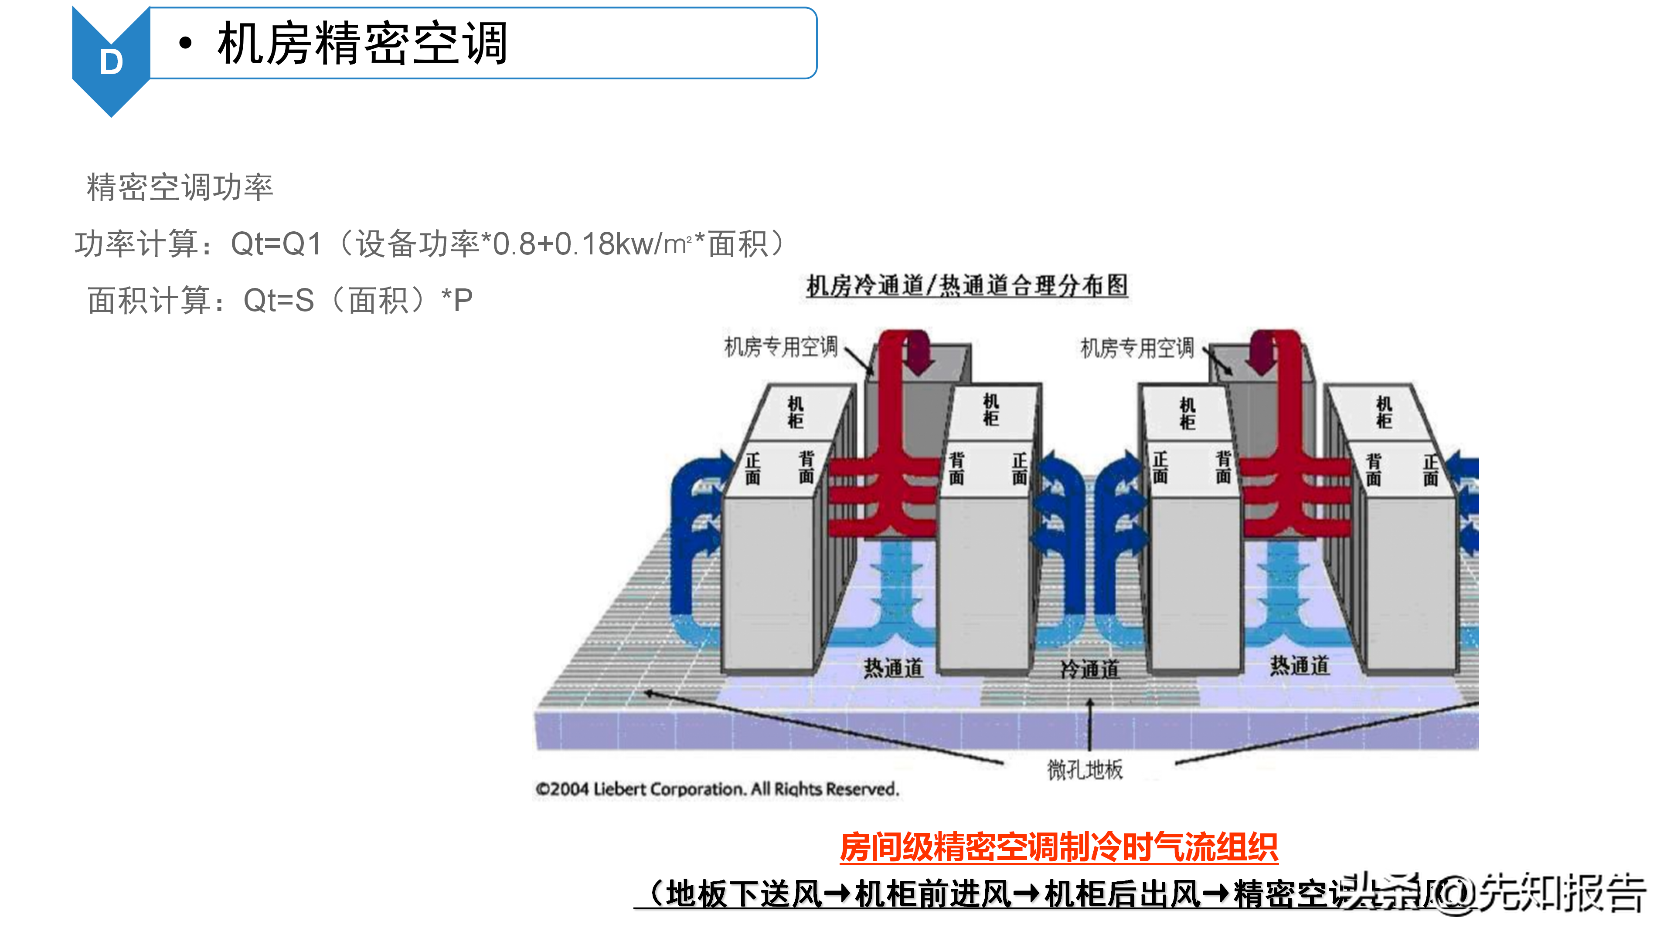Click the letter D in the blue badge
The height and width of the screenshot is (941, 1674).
pos(111,62)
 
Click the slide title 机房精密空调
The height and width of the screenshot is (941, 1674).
pos(362,44)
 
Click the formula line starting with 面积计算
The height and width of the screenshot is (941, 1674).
pos(279,301)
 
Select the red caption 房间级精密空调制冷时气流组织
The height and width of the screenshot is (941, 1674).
pos(1058,847)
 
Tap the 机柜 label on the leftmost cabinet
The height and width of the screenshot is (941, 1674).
pos(796,413)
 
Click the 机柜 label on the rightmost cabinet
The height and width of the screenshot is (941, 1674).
pos(1384,413)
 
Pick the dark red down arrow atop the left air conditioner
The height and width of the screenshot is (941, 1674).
pos(918,354)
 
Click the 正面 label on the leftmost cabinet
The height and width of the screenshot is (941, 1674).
pos(752,468)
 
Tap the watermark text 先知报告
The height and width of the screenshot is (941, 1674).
pos(1563,893)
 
